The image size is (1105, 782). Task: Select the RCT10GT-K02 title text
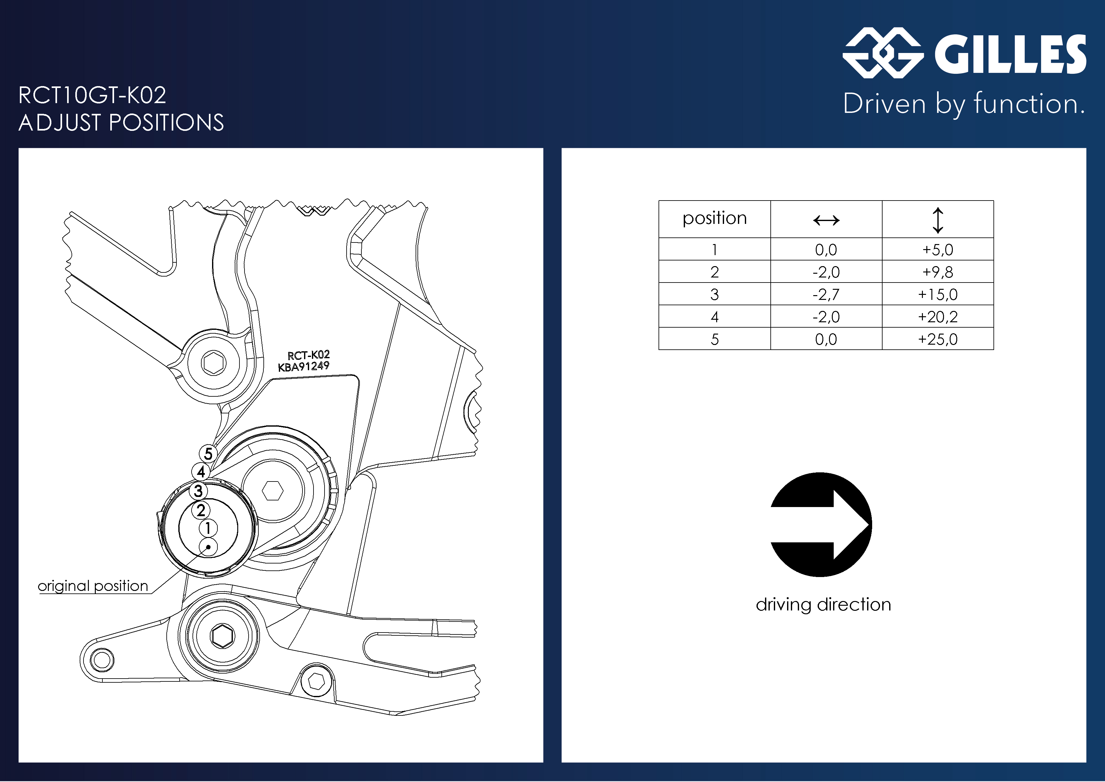[92, 95]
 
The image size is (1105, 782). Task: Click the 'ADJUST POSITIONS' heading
[121, 122]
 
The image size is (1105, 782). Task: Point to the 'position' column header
[715, 219]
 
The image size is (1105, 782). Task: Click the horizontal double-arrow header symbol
[826, 220]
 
